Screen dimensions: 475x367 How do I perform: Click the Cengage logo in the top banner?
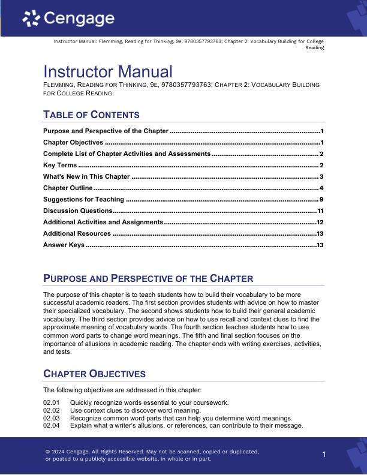[68, 19]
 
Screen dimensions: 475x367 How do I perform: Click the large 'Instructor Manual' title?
[108, 72]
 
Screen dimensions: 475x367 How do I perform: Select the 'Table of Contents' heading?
[91, 115]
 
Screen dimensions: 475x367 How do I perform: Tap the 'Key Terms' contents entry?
[60, 165]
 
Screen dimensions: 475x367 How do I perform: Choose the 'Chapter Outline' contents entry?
[68, 188]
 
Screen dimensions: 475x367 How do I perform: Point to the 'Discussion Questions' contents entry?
[77, 211]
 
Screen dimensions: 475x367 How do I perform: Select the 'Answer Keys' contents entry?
[64, 245]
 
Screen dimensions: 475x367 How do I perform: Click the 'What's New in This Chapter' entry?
[86, 176]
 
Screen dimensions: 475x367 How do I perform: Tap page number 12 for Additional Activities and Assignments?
[320, 222]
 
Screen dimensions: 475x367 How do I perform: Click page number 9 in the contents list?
[322, 199]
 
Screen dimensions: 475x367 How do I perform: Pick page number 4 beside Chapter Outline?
[322, 188]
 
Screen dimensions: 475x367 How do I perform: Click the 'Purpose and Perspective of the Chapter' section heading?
[148, 278]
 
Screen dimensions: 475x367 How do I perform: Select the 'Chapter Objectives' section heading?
[94, 374]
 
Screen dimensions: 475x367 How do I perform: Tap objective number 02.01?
[52, 402]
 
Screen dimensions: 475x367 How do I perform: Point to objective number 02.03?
[52, 418]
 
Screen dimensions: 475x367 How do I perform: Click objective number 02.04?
[52, 425]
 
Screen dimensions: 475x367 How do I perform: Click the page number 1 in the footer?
[324, 455]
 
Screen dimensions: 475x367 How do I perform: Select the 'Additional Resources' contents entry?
[77, 233]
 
